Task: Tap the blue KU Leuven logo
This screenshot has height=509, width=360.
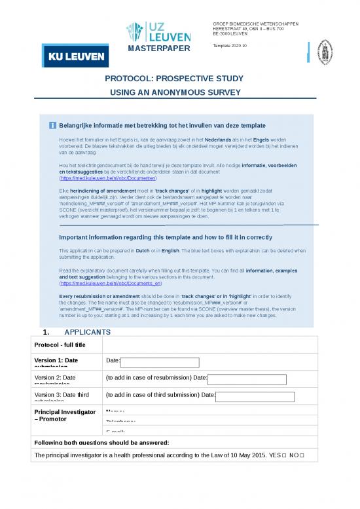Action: (73, 57)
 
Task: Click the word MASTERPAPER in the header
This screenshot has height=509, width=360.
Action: (159, 50)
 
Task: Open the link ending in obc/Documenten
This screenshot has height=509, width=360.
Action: (108, 178)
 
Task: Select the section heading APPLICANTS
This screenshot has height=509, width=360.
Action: (88, 333)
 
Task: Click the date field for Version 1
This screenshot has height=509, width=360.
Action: (160, 362)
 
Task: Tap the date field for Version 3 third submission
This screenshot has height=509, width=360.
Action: (255, 396)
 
